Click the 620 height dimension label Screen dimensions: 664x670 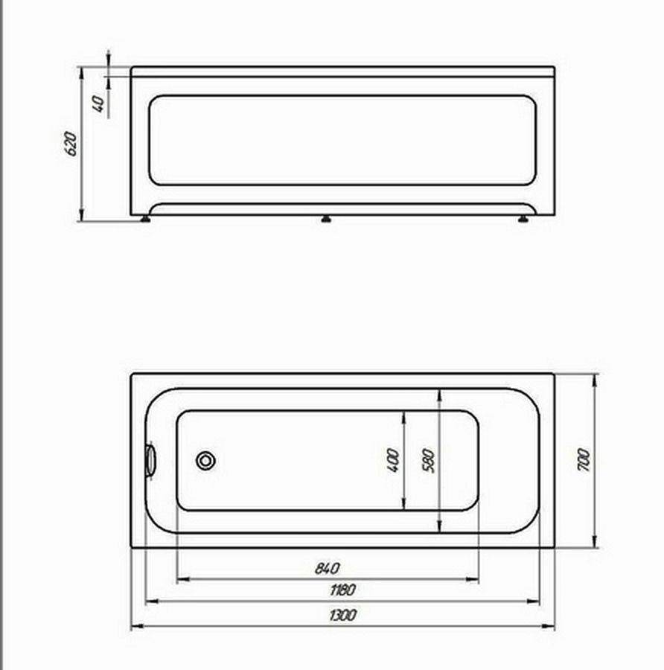click(x=71, y=144)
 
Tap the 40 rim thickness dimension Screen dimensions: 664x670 click(x=98, y=103)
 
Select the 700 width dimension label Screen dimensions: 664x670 click(x=584, y=460)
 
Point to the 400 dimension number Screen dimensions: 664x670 click(x=393, y=460)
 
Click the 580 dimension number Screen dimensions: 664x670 click(x=428, y=461)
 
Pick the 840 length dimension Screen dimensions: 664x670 click(x=328, y=568)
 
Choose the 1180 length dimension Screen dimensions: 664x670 click(x=342, y=590)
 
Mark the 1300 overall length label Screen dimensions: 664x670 click(x=342, y=616)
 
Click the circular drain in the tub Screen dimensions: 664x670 click(x=205, y=461)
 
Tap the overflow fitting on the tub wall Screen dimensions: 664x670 click(x=150, y=460)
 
